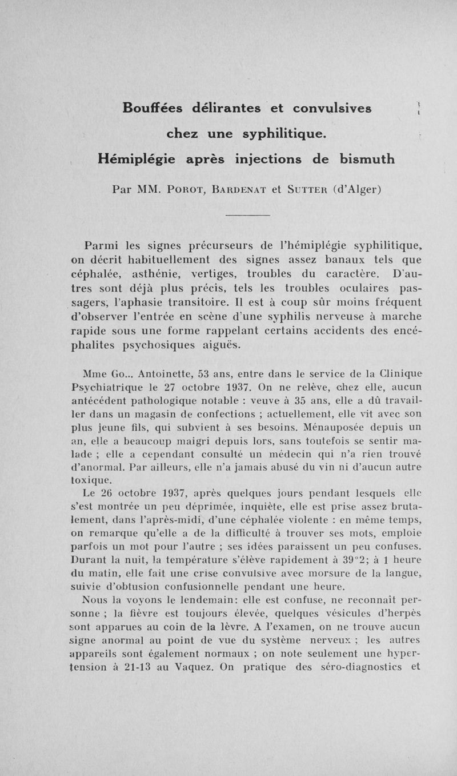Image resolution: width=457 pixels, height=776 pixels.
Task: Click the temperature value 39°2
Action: pos(348,559)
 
